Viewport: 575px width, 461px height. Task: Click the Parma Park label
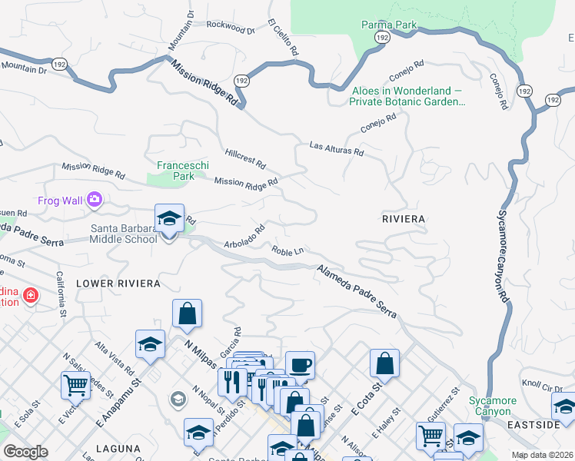(389, 25)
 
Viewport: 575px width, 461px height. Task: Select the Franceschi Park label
(175, 170)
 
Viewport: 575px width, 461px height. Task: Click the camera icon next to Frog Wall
(95, 200)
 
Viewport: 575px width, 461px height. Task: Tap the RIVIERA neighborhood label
(404, 219)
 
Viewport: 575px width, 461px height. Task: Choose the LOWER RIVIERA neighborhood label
(118, 284)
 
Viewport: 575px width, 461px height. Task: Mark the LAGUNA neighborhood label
(118, 448)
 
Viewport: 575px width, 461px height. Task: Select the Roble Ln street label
(287, 250)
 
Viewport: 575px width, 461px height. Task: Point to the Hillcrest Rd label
(245, 159)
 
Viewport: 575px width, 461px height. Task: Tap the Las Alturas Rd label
(336, 148)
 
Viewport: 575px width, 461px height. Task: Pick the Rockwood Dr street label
(230, 28)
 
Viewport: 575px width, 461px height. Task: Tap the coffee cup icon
(300, 365)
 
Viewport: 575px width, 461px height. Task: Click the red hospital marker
(30, 294)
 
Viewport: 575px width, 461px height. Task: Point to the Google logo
(26, 452)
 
